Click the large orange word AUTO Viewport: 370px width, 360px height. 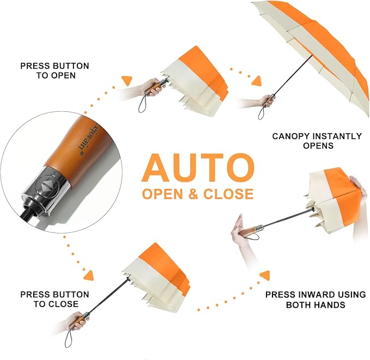click(x=198, y=167)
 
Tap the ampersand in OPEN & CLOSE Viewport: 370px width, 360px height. click(x=193, y=194)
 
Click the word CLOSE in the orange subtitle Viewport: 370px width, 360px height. click(x=228, y=194)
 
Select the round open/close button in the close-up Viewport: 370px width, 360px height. click(x=46, y=185)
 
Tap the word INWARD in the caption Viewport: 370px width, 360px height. click(x=315, y=295)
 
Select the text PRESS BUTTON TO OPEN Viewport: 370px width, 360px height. click(x=54, y=70)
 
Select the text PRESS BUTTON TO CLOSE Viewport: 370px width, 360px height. click(x=54, y=299)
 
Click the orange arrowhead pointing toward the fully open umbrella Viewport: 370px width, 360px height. click(x=257, y=81)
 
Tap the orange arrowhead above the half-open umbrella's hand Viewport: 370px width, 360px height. click(x=127, y=80)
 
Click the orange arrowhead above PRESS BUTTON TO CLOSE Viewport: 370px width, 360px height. click(x=89, y=275)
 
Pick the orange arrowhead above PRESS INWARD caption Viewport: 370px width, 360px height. click(x=265, y=275)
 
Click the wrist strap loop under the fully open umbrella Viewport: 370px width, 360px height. click(x=260, y=114)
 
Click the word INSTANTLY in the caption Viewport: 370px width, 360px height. click(x=337, y=136)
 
